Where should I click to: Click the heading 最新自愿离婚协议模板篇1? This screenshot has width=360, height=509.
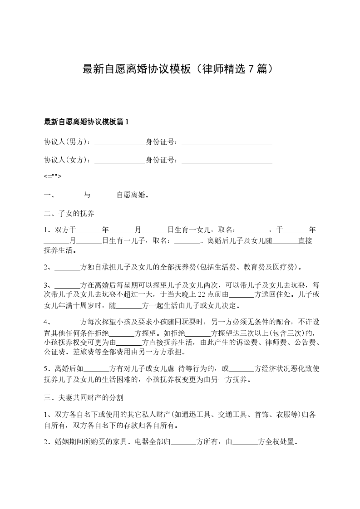point(86,122)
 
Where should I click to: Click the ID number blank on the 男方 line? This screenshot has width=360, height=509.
point(227,142)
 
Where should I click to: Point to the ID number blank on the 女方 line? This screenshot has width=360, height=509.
point(227,160)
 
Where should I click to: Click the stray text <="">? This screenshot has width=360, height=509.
point(53,176)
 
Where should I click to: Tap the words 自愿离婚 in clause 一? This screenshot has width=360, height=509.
point(131,196)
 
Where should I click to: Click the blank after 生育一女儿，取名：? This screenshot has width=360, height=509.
point(254,230)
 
